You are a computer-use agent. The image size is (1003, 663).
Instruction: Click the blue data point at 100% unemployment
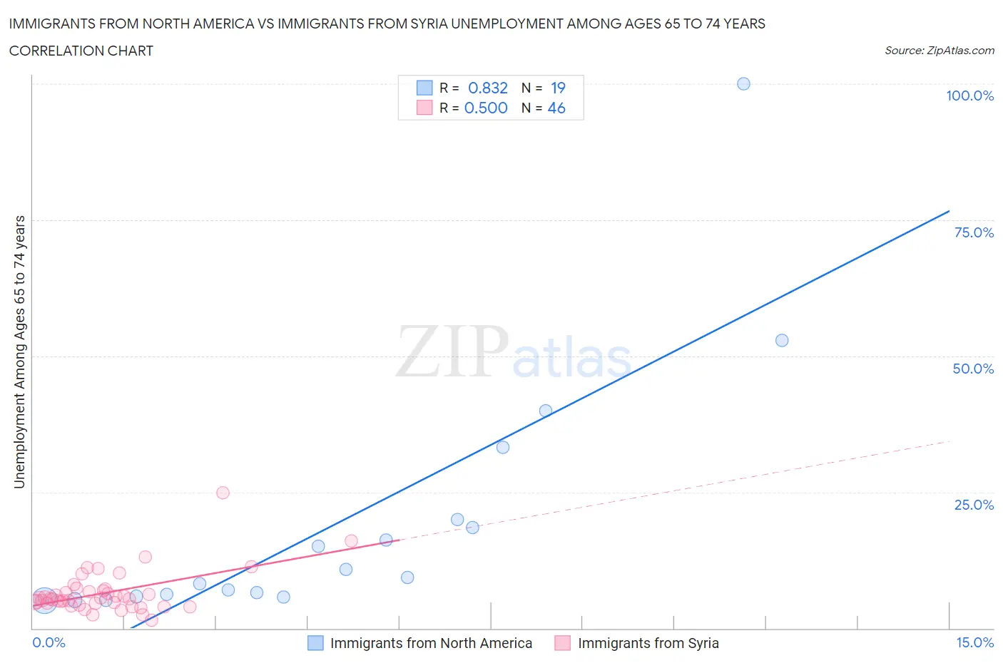pos(743,83)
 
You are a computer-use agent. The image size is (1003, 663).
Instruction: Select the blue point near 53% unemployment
pos(782,340)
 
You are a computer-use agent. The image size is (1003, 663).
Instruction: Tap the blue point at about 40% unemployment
pos(546,411)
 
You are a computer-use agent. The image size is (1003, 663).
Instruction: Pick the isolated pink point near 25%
pos(223,493)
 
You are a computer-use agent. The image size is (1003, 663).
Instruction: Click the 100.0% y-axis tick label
pos(969,96)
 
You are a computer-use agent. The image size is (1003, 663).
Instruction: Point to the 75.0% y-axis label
pos(974,232)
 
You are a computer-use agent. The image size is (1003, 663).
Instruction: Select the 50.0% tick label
pos(973,369)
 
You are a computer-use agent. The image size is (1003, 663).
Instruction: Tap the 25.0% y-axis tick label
pos(974,505)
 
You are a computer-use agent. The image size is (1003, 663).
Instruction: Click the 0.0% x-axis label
pos(49,642)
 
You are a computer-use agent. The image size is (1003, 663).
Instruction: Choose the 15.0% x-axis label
pos(974,642)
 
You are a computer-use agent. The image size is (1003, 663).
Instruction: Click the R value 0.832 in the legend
pos(488,88)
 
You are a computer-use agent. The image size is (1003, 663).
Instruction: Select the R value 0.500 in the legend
pos(486,108)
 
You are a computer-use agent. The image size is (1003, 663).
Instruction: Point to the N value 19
pos(558,88)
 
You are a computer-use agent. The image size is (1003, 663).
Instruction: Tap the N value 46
pos(556,108)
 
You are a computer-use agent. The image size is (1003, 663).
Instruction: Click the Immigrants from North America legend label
pos(431,643)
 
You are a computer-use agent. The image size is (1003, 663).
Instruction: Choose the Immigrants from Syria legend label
pos(648,643)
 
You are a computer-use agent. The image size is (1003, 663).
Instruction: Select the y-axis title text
pos(19,351)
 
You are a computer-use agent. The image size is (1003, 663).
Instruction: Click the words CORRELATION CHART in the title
pos(81,51)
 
